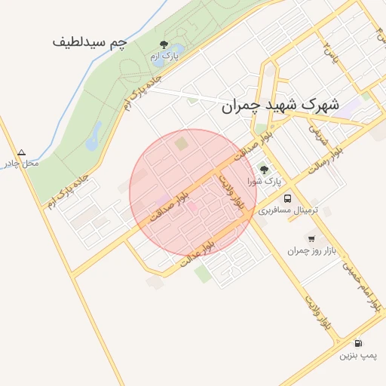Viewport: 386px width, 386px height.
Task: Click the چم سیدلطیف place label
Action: point(89,42)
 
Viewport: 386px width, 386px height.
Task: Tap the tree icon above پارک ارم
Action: point(164,44)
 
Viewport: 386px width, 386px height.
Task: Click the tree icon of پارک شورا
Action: point(264,169)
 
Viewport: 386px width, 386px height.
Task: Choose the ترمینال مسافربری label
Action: point(289,210)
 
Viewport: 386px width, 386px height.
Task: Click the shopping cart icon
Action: point(311,238)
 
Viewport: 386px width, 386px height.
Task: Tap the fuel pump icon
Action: point(357,343)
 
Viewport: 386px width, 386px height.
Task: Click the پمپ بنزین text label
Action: point(357,354)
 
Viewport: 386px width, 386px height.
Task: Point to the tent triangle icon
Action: point(21,152)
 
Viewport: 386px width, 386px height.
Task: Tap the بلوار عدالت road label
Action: point(198,254)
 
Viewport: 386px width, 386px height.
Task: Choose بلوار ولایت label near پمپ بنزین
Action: point(317,309)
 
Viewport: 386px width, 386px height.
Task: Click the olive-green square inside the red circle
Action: point(181,142)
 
